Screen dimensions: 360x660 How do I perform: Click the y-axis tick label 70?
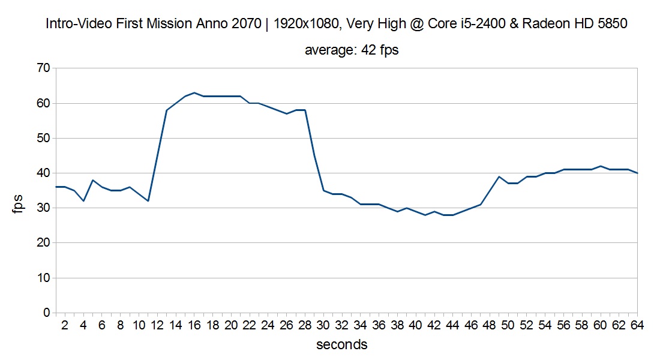pyautogui.click(x=43, y=68)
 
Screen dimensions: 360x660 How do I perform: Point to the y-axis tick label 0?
pyautogui.click(x=46, y=313)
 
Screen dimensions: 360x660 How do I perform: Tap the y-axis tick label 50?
pyautogui.click(x=43, y=139)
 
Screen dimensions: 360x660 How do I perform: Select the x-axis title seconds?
pyautogui.click(x=341, y=344)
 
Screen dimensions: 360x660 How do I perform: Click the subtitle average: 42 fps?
pyautogui.click(x=352, y=50)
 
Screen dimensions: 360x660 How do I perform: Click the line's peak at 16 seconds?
pyautogui.click(x=194, y=93)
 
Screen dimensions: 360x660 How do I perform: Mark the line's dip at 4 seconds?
pyautogui.click(x=83, y=201)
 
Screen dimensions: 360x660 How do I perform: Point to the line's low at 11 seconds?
pyautogui.click(x=148, y=201)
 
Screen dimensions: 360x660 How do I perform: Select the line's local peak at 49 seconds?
pyautogui.click(x=499, y=176)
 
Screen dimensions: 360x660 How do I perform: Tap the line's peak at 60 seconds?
pyautogui.click(x=600, y=166)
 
